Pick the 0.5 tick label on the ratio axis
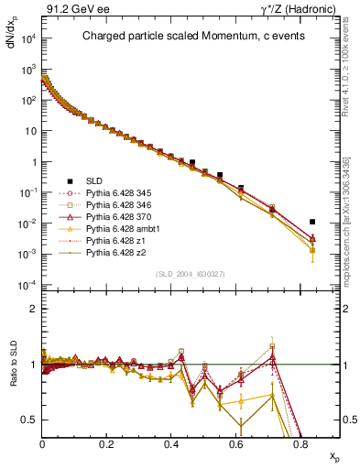31,420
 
